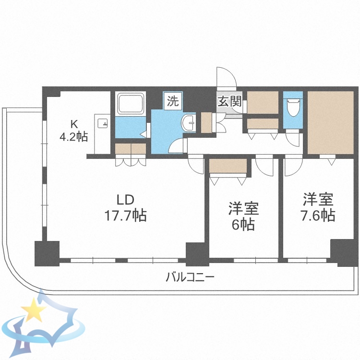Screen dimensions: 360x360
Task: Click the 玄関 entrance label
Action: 229,101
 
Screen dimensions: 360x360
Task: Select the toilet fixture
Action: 292,108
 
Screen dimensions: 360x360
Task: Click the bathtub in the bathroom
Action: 130,103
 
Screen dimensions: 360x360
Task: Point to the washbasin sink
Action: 189,123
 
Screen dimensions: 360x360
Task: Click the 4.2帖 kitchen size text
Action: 73,136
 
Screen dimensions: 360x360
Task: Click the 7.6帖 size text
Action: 318,216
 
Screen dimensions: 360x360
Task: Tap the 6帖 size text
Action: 243,224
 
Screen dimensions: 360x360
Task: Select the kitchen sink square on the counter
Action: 102,123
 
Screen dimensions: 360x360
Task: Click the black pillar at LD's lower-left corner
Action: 47,253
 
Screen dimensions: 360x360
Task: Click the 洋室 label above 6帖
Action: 243,209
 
